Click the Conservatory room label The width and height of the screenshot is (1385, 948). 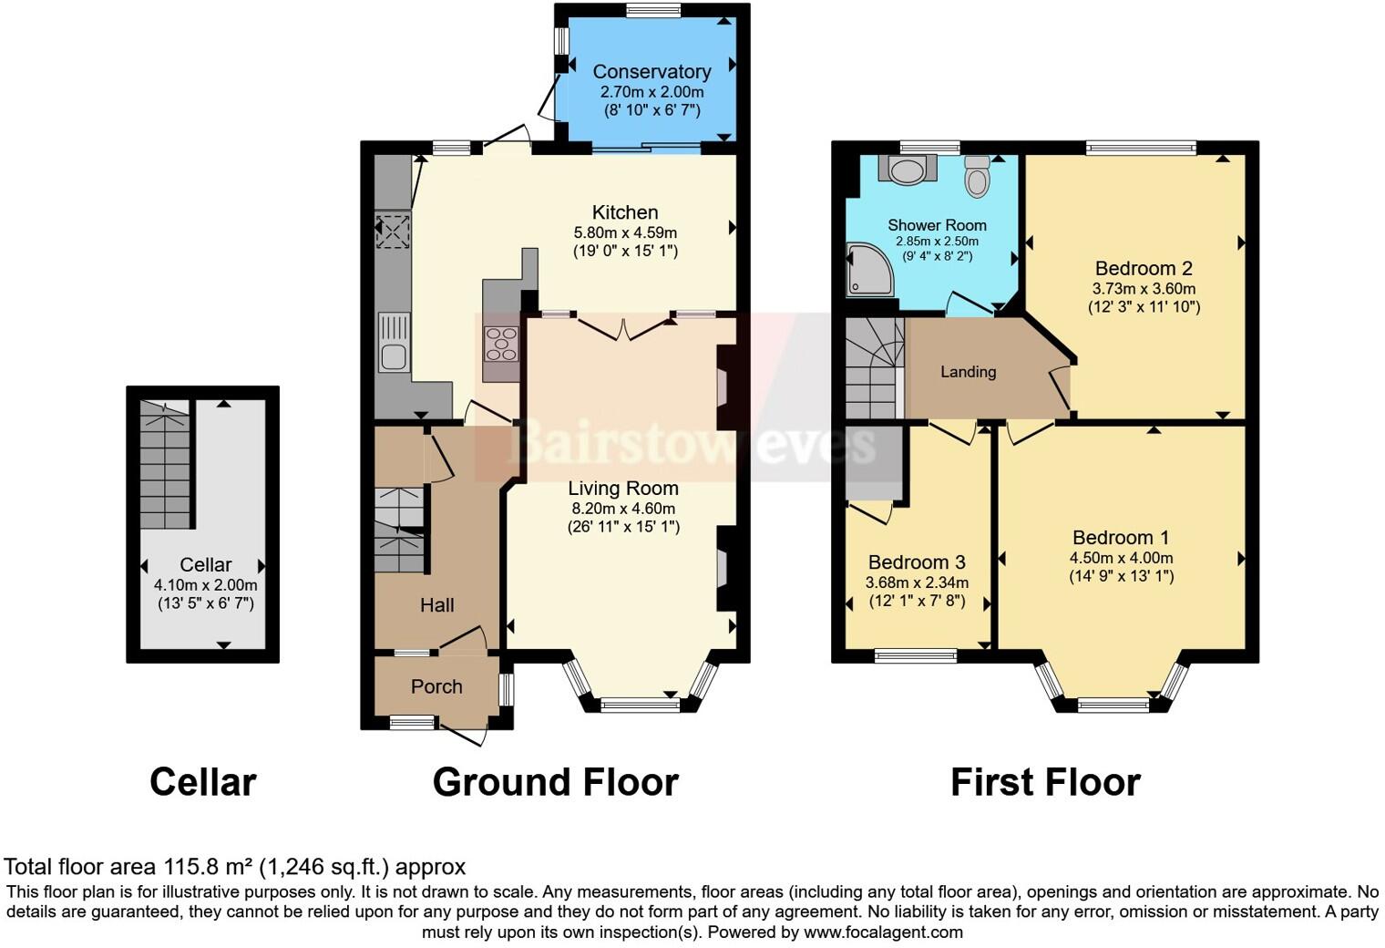tap(651, 72)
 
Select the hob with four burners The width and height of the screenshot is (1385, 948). tap(501, 345)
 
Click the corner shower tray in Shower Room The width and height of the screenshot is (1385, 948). tap(867, 270)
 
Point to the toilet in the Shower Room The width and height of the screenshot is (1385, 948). tap(977, 176)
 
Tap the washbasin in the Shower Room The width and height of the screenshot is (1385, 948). tap(908, 170)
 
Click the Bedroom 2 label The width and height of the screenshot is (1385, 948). tap(1144, 268)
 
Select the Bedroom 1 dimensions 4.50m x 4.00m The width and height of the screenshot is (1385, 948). tap(1121, 558)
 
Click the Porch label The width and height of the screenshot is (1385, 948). tap(436, 686)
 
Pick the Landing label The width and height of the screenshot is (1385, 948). tap(968, 372)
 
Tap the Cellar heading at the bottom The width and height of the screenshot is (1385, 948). tap(202, 782)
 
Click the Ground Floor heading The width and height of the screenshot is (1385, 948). tap(555, 782)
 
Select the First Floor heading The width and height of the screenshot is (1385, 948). tap(1045, 782)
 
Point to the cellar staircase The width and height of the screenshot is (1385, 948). tap(165, 465)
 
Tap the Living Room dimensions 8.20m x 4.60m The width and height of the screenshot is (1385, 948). tap(623, 509)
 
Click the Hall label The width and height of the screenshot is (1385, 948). tap(436, 605)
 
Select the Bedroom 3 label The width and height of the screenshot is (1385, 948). tap(917, 562)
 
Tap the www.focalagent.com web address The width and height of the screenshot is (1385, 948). tap(883, 932)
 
